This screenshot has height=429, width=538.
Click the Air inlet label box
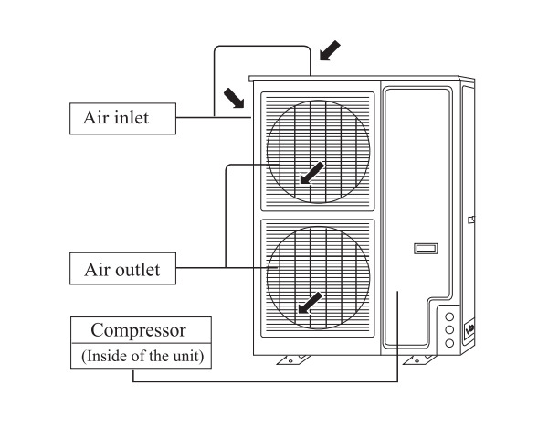tap(122, 119)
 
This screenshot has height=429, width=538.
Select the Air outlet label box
tap(122, 269)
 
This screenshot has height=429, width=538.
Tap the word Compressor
tap(138, 331)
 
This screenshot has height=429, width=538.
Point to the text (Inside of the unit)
tap(142, 356)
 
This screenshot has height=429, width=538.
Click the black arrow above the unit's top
tap(330, 50)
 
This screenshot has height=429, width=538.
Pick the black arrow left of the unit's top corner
tap(234, 98)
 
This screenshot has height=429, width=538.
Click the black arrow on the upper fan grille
tap(311, 173)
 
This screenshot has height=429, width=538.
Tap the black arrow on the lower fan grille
tap(311, 303)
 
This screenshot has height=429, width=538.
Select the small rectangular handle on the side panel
tap(426, 248)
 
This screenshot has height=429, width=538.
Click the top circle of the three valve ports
tap(449, 316)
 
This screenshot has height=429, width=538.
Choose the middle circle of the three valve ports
tap(449, 329)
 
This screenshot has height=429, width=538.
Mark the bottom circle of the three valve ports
tap(449, 343)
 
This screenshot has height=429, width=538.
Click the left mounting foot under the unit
tap(293, 360)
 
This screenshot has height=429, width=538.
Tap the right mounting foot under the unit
tap(419, 360)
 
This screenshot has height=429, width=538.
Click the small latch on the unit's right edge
tap(471, 220)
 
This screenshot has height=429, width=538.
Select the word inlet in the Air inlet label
tap(132, 118)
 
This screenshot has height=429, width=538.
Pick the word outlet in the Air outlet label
tap(138, 270)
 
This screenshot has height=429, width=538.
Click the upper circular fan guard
tap(319, 152)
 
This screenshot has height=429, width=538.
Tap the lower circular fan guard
tap(319, 277)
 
